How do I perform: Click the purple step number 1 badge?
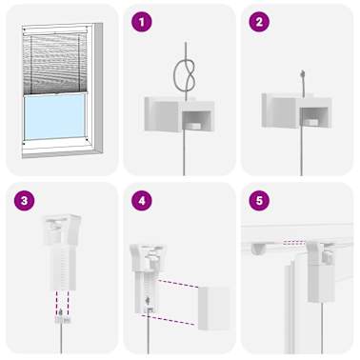click(x=142, y=22)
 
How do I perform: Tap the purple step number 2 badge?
click(x=259, y=22)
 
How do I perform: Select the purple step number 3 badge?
click(x=25, y=201)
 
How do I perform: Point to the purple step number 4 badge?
click(x=142, y=201)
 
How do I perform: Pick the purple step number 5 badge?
click(x=259, y=201)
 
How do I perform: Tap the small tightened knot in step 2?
click(x=303, y=73)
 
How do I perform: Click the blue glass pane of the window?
click(x=54, y=116)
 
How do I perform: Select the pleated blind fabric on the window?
click(x=54, y=64)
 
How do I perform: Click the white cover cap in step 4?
click(x=213, y=308)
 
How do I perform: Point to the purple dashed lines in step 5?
click(x=294, y=243)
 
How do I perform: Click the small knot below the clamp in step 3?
click(x=62, y=317)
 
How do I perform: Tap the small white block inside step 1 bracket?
click(x=193, y=127)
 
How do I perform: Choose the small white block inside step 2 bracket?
click(x=311, y=122)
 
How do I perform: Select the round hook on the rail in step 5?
click(x=258, y=249)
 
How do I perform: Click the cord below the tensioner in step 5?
click(x=322, y=328)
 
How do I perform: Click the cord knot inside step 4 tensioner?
click(x=148, y=300)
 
